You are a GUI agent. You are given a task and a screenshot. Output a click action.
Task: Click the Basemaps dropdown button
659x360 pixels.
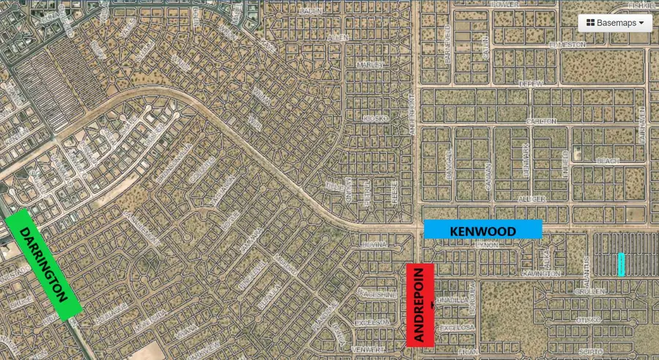[x=615, y=23]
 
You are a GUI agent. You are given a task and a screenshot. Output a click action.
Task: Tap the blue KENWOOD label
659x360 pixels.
[x=483, y=230]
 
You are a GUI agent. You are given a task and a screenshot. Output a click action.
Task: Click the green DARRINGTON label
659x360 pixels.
[x=43, y=264]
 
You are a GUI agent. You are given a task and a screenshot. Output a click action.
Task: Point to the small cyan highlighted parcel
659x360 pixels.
[x=621, y=264]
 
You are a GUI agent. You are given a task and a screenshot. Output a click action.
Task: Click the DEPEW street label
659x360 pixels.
[x=530, y=83]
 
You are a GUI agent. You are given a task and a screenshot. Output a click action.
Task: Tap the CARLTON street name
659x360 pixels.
[x=542, y=121]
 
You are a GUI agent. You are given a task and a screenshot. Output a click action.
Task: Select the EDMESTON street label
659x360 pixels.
[x=567, y=44]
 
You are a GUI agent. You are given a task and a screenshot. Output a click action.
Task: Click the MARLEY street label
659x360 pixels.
[x=370, y=64]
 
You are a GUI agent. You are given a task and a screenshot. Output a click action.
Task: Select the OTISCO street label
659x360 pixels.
[x=588, y=319]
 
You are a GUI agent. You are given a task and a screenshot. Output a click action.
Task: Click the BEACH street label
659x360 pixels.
[x=608, y=160]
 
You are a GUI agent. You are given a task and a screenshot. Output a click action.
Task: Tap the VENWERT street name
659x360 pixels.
[x=367, y=350]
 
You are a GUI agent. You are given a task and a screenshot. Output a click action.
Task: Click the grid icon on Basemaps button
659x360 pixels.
[x=590, y=23]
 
